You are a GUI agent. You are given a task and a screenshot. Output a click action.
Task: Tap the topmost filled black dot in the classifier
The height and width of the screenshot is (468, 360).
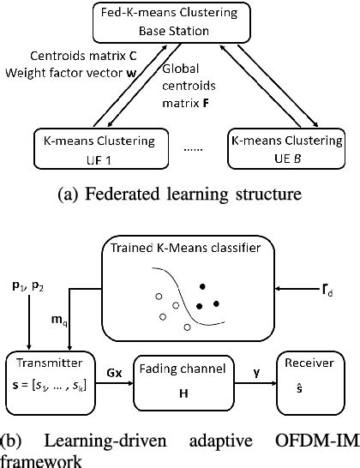pyautogui.click(x=202, y=285)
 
